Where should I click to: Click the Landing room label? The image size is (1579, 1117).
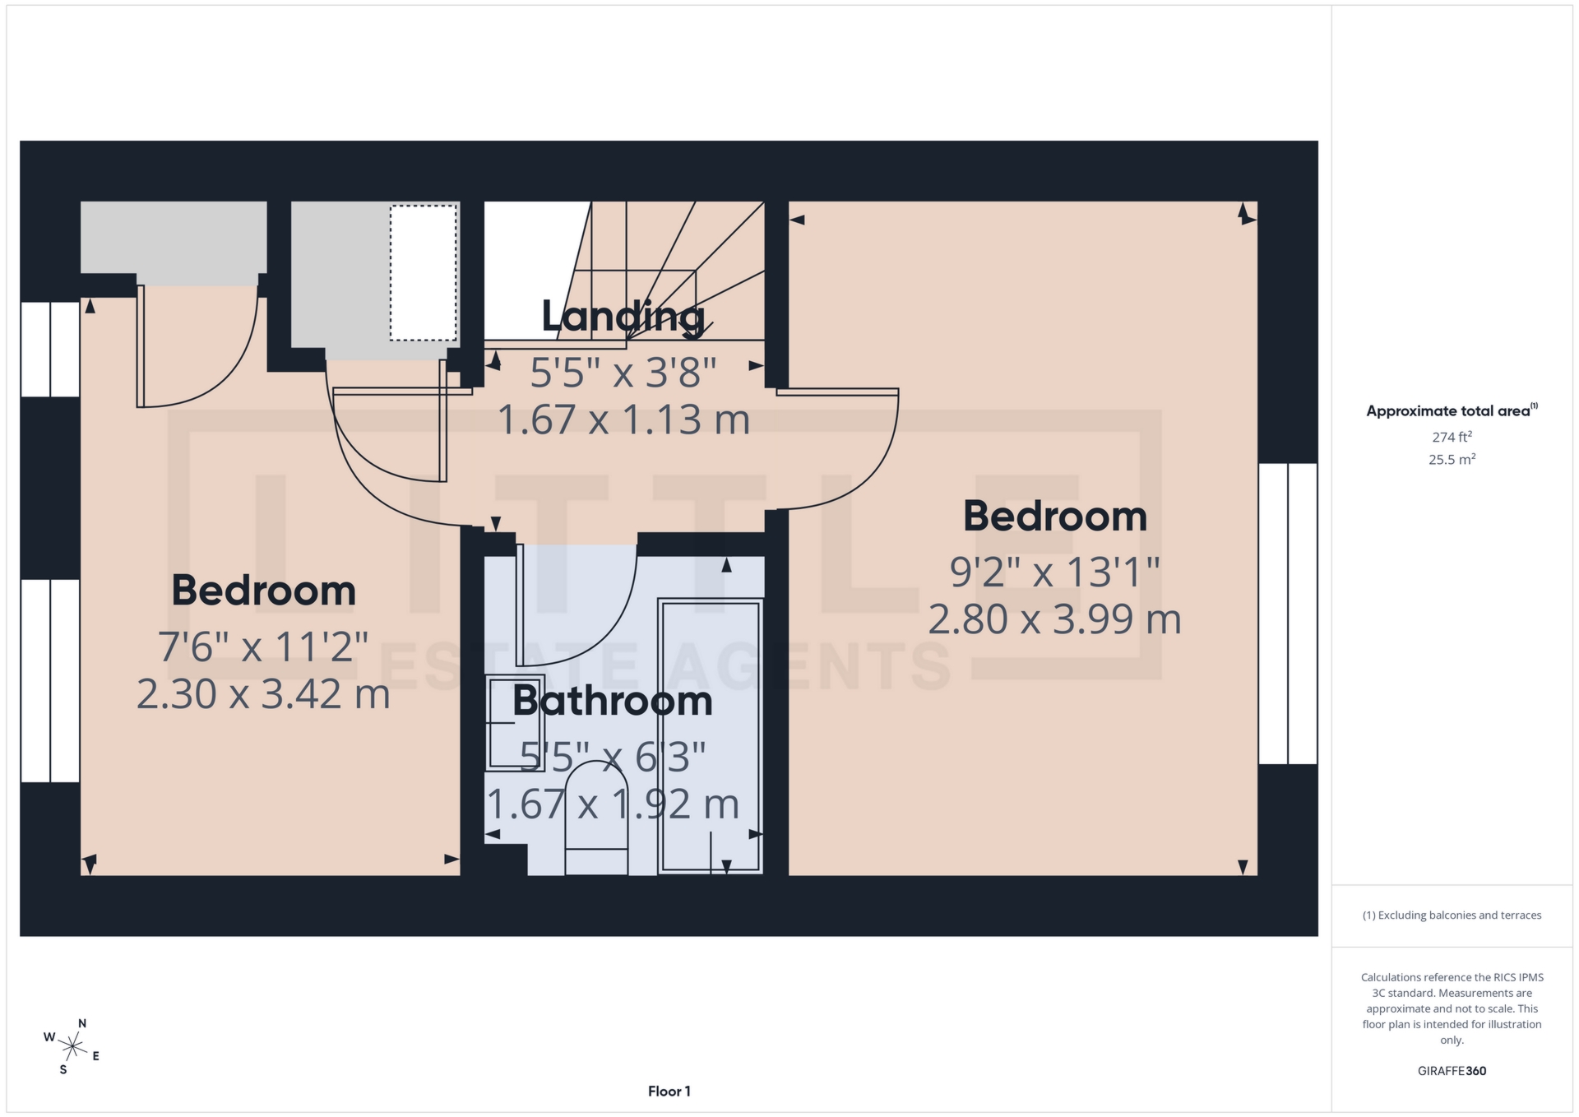[623, 317]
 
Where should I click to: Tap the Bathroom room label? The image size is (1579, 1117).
[613, 701]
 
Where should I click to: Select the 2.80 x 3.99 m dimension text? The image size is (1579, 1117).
[1054, 619]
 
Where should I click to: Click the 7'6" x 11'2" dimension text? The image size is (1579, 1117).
[263, 647]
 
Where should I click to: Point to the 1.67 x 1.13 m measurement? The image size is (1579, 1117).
[623, 420]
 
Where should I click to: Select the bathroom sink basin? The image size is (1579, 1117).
[515, 722]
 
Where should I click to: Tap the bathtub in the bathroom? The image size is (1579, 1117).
[711, 735]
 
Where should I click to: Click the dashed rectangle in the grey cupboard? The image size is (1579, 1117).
[423, 273]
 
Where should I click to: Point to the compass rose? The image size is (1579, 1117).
[72, 1047]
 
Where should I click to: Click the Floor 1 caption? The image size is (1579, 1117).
[669, 1092]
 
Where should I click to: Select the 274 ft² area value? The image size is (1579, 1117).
[1452, 438]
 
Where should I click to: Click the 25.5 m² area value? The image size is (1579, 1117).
[1452, 460]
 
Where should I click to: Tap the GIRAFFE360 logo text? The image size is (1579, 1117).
[1452, 1071]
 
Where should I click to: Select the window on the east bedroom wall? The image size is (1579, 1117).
[1288, 614]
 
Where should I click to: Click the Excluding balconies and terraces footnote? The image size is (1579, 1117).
[1452, 915]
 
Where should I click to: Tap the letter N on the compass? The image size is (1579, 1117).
[82, 1024]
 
